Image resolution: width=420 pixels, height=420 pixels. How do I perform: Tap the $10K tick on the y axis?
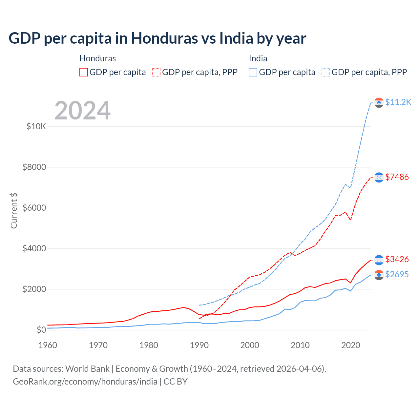click(36, 126)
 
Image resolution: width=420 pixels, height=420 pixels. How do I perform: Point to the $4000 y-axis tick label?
click(34, 248)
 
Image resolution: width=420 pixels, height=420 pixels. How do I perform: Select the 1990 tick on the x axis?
click(199, 345)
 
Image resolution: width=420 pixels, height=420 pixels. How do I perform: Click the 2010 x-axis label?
click(300, 345)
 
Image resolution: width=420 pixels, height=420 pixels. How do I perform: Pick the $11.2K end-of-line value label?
click(398, 102)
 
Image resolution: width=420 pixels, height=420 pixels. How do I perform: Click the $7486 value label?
click(397, 177)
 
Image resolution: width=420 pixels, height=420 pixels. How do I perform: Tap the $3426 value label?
click(397, 259)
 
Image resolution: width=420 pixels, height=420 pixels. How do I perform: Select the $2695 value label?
click(397, 274)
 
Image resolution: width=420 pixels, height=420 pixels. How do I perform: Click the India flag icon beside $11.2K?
click(379, 103)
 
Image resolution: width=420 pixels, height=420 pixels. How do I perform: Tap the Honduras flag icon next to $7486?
click(379, 177)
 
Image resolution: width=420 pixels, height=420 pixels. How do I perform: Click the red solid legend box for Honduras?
click(84, 72)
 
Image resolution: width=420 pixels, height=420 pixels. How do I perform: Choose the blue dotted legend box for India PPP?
click(326, 72)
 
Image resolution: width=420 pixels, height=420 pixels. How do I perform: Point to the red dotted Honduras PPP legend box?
click(156, 72)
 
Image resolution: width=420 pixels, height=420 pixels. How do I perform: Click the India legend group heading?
click(258, 58)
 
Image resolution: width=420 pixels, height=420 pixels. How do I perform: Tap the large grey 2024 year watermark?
click(82, 111)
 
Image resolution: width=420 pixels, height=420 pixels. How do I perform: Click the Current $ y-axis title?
click(14, 211)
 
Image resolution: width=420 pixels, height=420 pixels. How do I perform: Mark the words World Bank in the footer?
click(87, 369)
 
